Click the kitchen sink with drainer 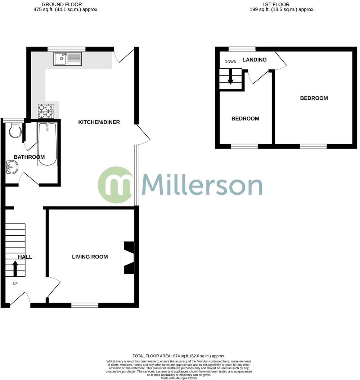68,59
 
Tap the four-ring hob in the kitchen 45,111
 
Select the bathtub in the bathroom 47,144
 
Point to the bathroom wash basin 12,167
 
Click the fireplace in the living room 128,258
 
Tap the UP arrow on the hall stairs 15,268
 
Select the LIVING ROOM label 90,257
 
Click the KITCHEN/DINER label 99,122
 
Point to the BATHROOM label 29,157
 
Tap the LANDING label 255,60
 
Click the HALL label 25,257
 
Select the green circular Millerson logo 115,185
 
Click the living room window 85,306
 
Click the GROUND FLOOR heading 57,4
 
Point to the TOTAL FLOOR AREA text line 179,356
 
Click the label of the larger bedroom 314,98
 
